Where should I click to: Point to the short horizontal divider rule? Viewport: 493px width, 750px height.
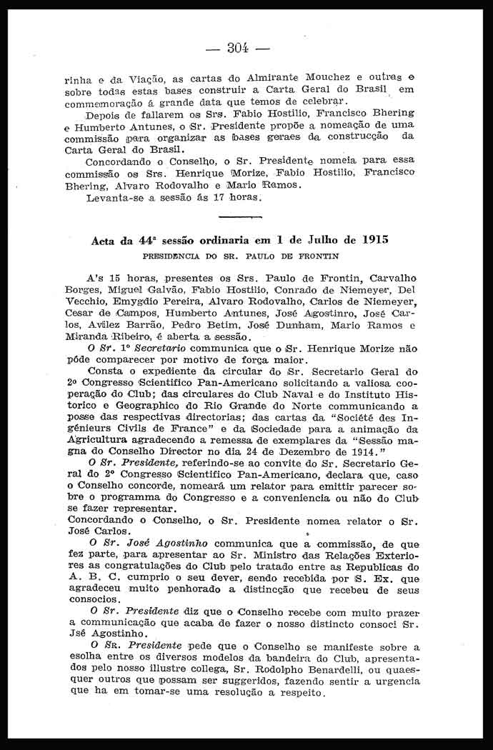click(x=237, y=215)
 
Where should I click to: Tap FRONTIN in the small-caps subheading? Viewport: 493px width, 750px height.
click(x=315, y=255)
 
